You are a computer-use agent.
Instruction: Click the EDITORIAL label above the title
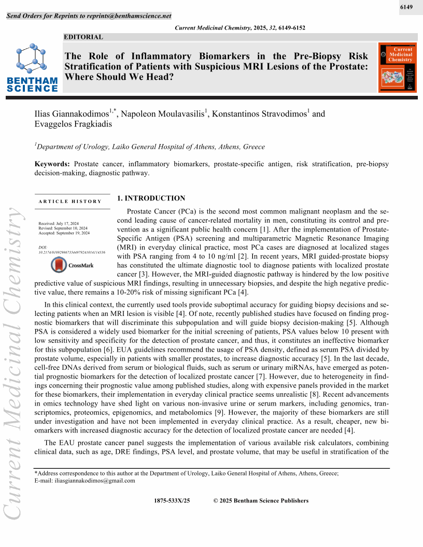point(83,37)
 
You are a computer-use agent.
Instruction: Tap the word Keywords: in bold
point(52,164)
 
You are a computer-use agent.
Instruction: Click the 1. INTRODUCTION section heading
point(151,198)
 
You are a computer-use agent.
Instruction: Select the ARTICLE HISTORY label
point(70,201)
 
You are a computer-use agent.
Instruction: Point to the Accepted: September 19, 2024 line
point(64,233)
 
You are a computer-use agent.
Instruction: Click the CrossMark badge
point(72,265)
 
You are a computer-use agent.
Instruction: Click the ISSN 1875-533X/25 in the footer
point(172,500)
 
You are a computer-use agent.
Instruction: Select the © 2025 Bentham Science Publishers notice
point(261,500)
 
